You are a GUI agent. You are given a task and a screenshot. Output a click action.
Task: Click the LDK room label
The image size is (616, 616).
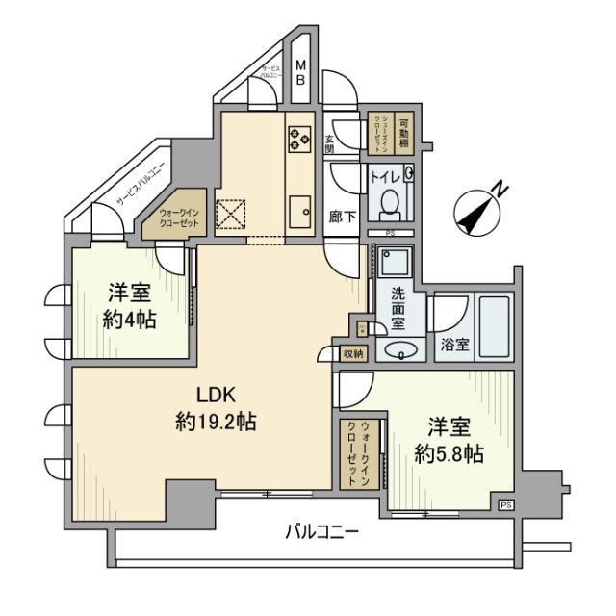[x=217, y=396]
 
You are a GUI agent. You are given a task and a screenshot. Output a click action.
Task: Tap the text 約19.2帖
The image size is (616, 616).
[x=217, y=421]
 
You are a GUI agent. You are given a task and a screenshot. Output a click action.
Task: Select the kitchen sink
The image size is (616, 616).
[x=299, y=209]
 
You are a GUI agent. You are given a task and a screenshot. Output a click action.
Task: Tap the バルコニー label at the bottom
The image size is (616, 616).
[x=321, y=530]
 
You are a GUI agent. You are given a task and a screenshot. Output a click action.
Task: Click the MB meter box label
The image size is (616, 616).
[x=300, y=73]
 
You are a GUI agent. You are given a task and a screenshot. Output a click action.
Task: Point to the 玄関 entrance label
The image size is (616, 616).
[x=329, y=144]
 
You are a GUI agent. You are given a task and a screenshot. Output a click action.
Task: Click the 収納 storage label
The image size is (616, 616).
[x=353, y=354]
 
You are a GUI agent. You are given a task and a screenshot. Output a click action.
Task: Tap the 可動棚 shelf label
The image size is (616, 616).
[x=404, y=129]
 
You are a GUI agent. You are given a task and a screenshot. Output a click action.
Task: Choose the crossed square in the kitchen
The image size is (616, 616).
[x=232, y=213]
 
